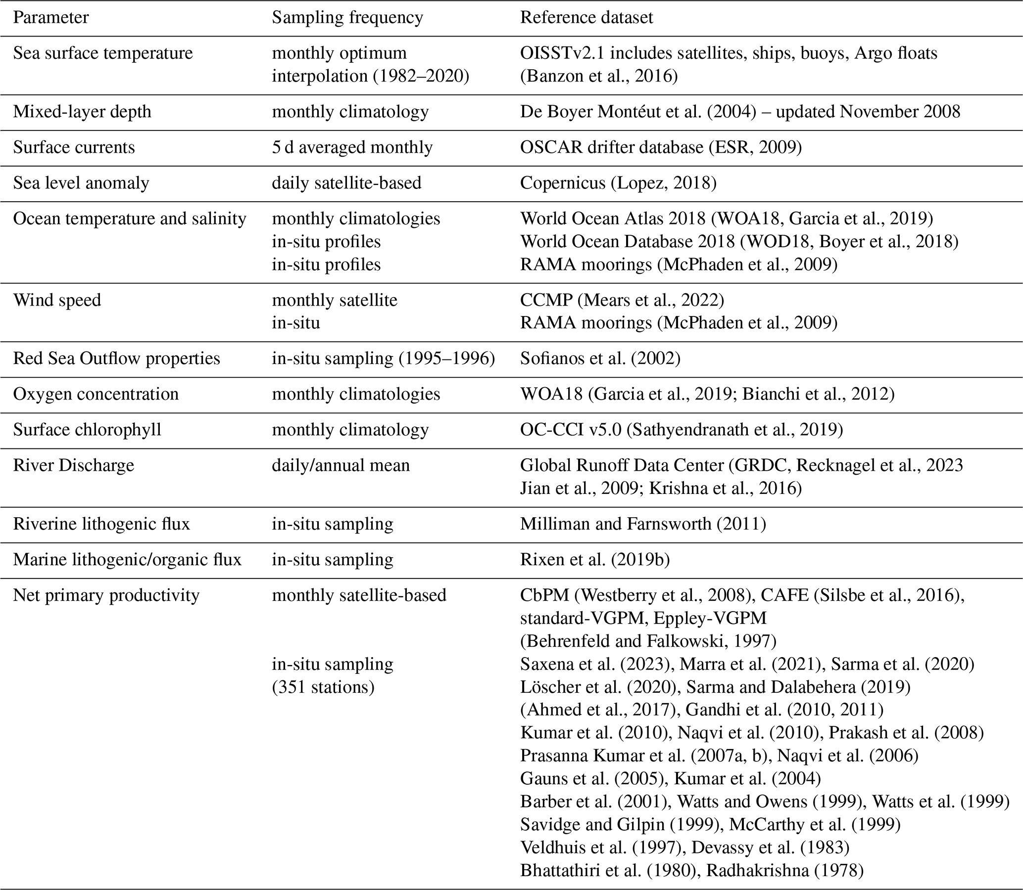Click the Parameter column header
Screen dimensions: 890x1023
tap(50, 18)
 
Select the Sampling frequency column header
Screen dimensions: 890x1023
tap(347, 18)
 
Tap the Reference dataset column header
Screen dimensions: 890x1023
tap(586, 18)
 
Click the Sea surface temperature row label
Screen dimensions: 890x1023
tap(102, 53)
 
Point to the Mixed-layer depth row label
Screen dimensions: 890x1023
tap(82, 112)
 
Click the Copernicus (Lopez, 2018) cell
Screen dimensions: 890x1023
tap(618, 183)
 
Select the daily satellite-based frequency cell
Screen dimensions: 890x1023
tap(346, 183)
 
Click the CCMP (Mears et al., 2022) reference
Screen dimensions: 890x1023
tap(622, 301)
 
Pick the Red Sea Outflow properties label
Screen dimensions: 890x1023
tap(116, 358)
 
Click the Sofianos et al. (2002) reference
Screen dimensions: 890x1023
tap(600, 358)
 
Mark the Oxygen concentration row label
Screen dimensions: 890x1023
tap(96, 395)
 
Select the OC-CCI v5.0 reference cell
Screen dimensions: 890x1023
tap(681, 430)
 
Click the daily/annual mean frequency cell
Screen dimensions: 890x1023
tap(341, 465)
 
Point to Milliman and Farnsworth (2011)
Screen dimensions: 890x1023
tap(643, 524)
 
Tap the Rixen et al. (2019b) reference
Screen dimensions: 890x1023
tap(594, 560)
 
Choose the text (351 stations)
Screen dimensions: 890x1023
tap(323, 687)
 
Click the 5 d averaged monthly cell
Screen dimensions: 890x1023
tap(352, 147)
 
